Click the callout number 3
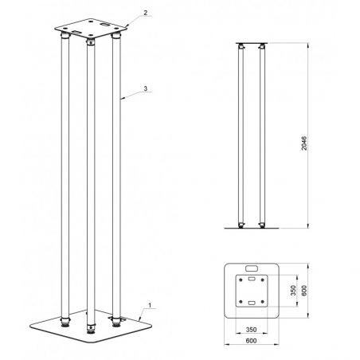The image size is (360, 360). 145,88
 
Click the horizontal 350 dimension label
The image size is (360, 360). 252,329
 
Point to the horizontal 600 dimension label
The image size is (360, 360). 252,343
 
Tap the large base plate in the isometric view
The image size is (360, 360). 88,333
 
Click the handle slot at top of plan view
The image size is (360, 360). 252,268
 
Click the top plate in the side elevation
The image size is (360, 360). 251,42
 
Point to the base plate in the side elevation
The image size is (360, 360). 251,229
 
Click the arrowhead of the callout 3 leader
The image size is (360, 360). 119,100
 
